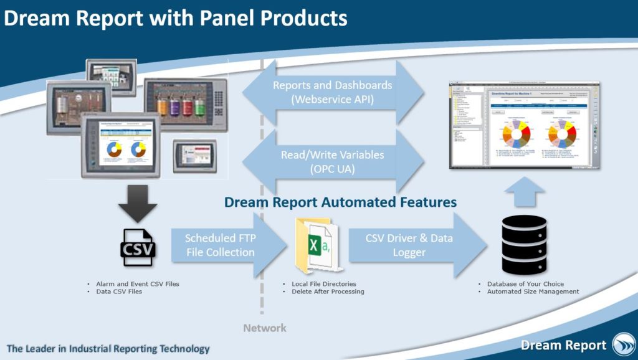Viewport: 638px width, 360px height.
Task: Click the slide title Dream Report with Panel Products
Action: [x=175, y=18]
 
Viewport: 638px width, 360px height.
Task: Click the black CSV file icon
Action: [x=138, y=247]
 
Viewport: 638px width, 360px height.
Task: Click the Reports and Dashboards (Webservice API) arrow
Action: [x=333, y=92]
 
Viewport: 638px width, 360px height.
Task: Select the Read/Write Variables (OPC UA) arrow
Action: [x=333, y=161]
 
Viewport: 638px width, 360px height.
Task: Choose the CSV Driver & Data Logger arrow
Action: [x=409, y=245]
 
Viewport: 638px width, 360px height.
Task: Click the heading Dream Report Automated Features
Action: [x=340, y=202]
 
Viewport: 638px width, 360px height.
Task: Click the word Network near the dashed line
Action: [x=265, y=328]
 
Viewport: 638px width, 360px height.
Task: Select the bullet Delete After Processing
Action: [x=328, y=291]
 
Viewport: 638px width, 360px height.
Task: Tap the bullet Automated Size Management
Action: [x=533, y=291]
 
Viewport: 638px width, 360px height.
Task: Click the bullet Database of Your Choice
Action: [x=526, y=284]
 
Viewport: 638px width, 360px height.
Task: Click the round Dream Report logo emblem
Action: [x=623, y=344]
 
